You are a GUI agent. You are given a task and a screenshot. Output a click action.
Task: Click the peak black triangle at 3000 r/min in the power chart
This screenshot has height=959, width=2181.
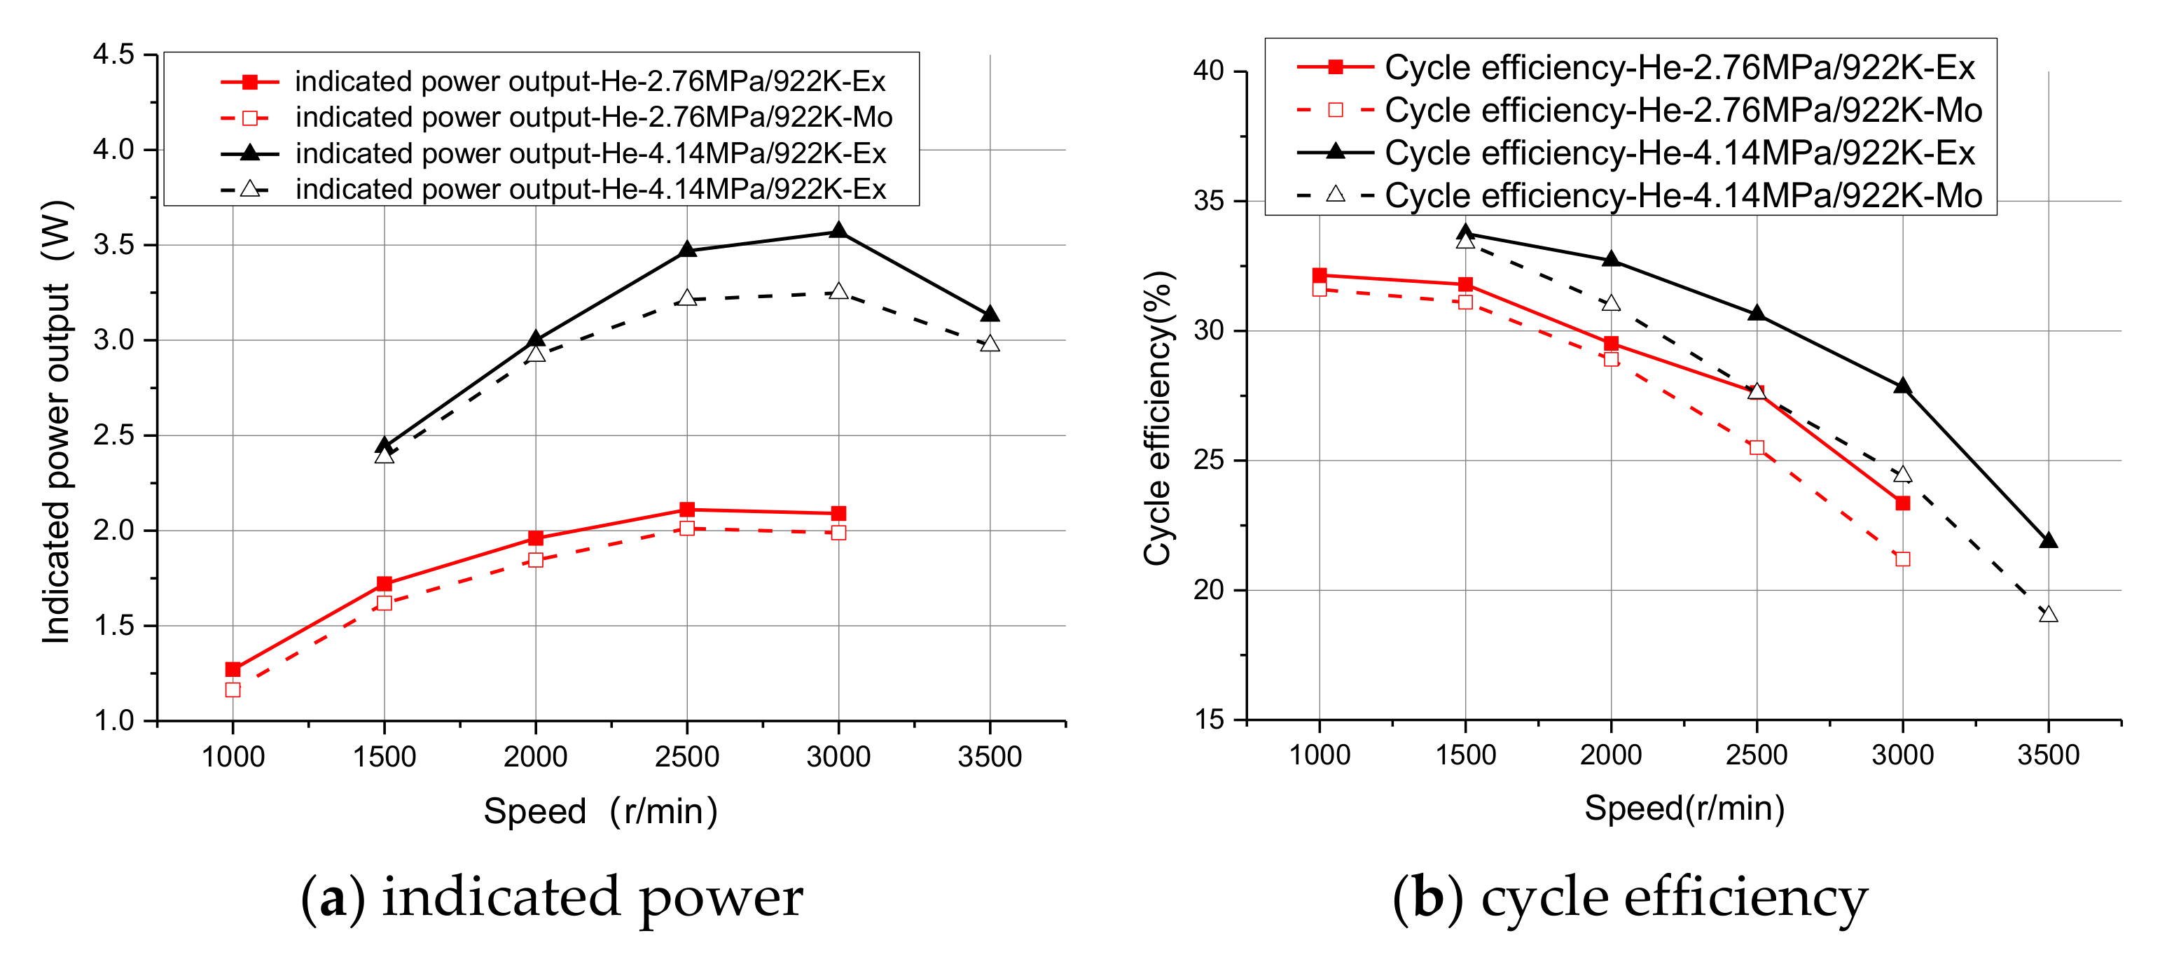(838, 231)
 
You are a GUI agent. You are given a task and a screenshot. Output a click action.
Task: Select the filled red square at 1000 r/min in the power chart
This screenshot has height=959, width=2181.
(233, 669)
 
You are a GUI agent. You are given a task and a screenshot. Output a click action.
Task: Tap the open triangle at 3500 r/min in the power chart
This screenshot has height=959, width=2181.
(990, 344)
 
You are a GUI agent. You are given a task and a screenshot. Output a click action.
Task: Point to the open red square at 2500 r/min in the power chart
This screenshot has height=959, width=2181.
(686, 528)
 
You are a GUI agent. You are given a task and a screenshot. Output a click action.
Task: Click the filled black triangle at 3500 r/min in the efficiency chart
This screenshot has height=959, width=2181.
(2048, 541)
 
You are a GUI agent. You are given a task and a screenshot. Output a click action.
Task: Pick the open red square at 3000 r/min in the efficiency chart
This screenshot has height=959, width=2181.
(1902, 559)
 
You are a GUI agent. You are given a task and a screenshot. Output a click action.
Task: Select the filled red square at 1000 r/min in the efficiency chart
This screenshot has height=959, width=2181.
(1319, 275)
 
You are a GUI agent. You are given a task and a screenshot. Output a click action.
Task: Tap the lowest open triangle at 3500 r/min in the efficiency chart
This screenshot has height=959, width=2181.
(2048, 615)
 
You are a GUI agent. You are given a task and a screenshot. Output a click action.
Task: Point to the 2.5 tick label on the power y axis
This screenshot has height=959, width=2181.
(113, 436)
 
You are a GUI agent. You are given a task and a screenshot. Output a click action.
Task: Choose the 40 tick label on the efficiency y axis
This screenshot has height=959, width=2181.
(1208, 71)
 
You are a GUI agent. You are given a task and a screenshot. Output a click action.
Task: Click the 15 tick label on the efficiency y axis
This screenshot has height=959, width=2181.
(1208, 720)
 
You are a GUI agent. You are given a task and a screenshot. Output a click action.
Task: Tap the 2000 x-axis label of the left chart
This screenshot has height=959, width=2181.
(535, 757)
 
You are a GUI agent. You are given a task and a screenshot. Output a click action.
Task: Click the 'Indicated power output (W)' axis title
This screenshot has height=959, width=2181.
(57, 421)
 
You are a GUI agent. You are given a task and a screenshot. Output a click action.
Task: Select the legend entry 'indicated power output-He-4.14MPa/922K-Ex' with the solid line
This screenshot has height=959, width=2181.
(590, 153)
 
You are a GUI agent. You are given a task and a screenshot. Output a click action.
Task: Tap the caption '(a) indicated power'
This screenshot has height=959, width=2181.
(552, 898)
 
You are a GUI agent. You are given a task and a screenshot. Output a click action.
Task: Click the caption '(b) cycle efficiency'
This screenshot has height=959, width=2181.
(1630, 898)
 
